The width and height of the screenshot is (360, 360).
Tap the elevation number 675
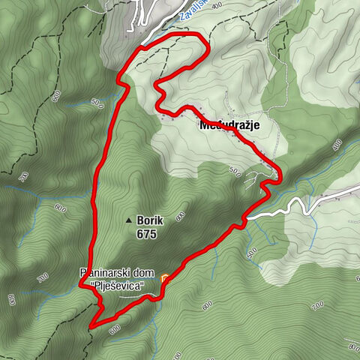click(147, 234)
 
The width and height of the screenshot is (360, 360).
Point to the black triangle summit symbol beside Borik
click(129, 221)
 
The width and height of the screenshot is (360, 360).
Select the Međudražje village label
click(229, 126)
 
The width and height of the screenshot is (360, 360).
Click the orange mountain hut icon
click(164, 278)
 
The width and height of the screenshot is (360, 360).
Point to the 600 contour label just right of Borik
click(180, 217)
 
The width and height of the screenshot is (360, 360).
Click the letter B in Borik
click(140, 220)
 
